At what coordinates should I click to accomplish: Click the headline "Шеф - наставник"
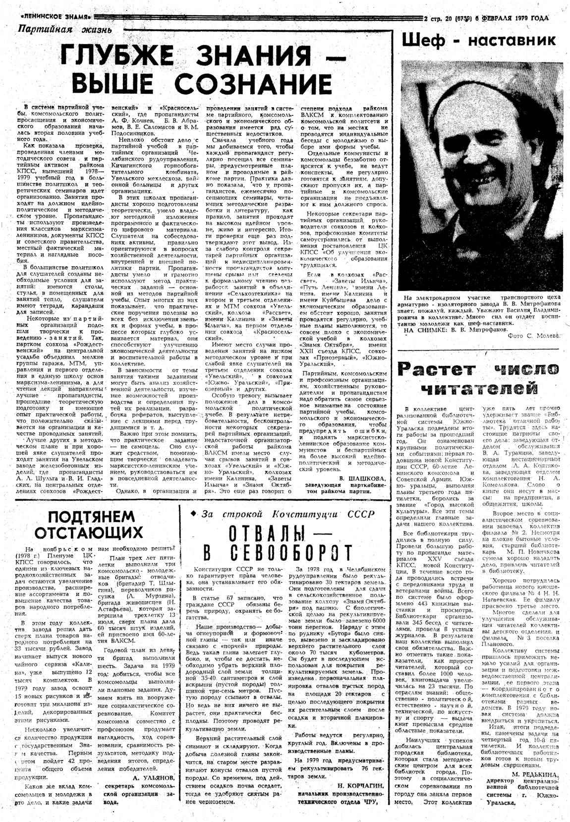479,40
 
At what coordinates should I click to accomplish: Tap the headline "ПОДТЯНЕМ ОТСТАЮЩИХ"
92,525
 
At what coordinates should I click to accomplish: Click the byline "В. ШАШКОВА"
362,478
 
